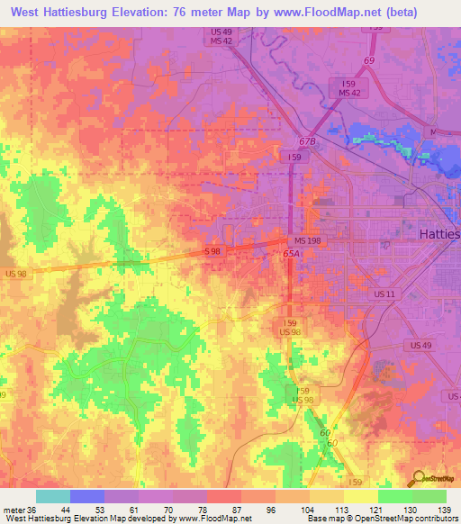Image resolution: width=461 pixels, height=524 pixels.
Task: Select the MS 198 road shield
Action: [x=306, y=241]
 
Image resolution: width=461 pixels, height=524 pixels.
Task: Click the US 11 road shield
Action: [x=384, y=294]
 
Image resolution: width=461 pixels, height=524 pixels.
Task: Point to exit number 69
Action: [x=368, y=60]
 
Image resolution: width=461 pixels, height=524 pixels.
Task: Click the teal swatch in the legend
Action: [x=53, y=496]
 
